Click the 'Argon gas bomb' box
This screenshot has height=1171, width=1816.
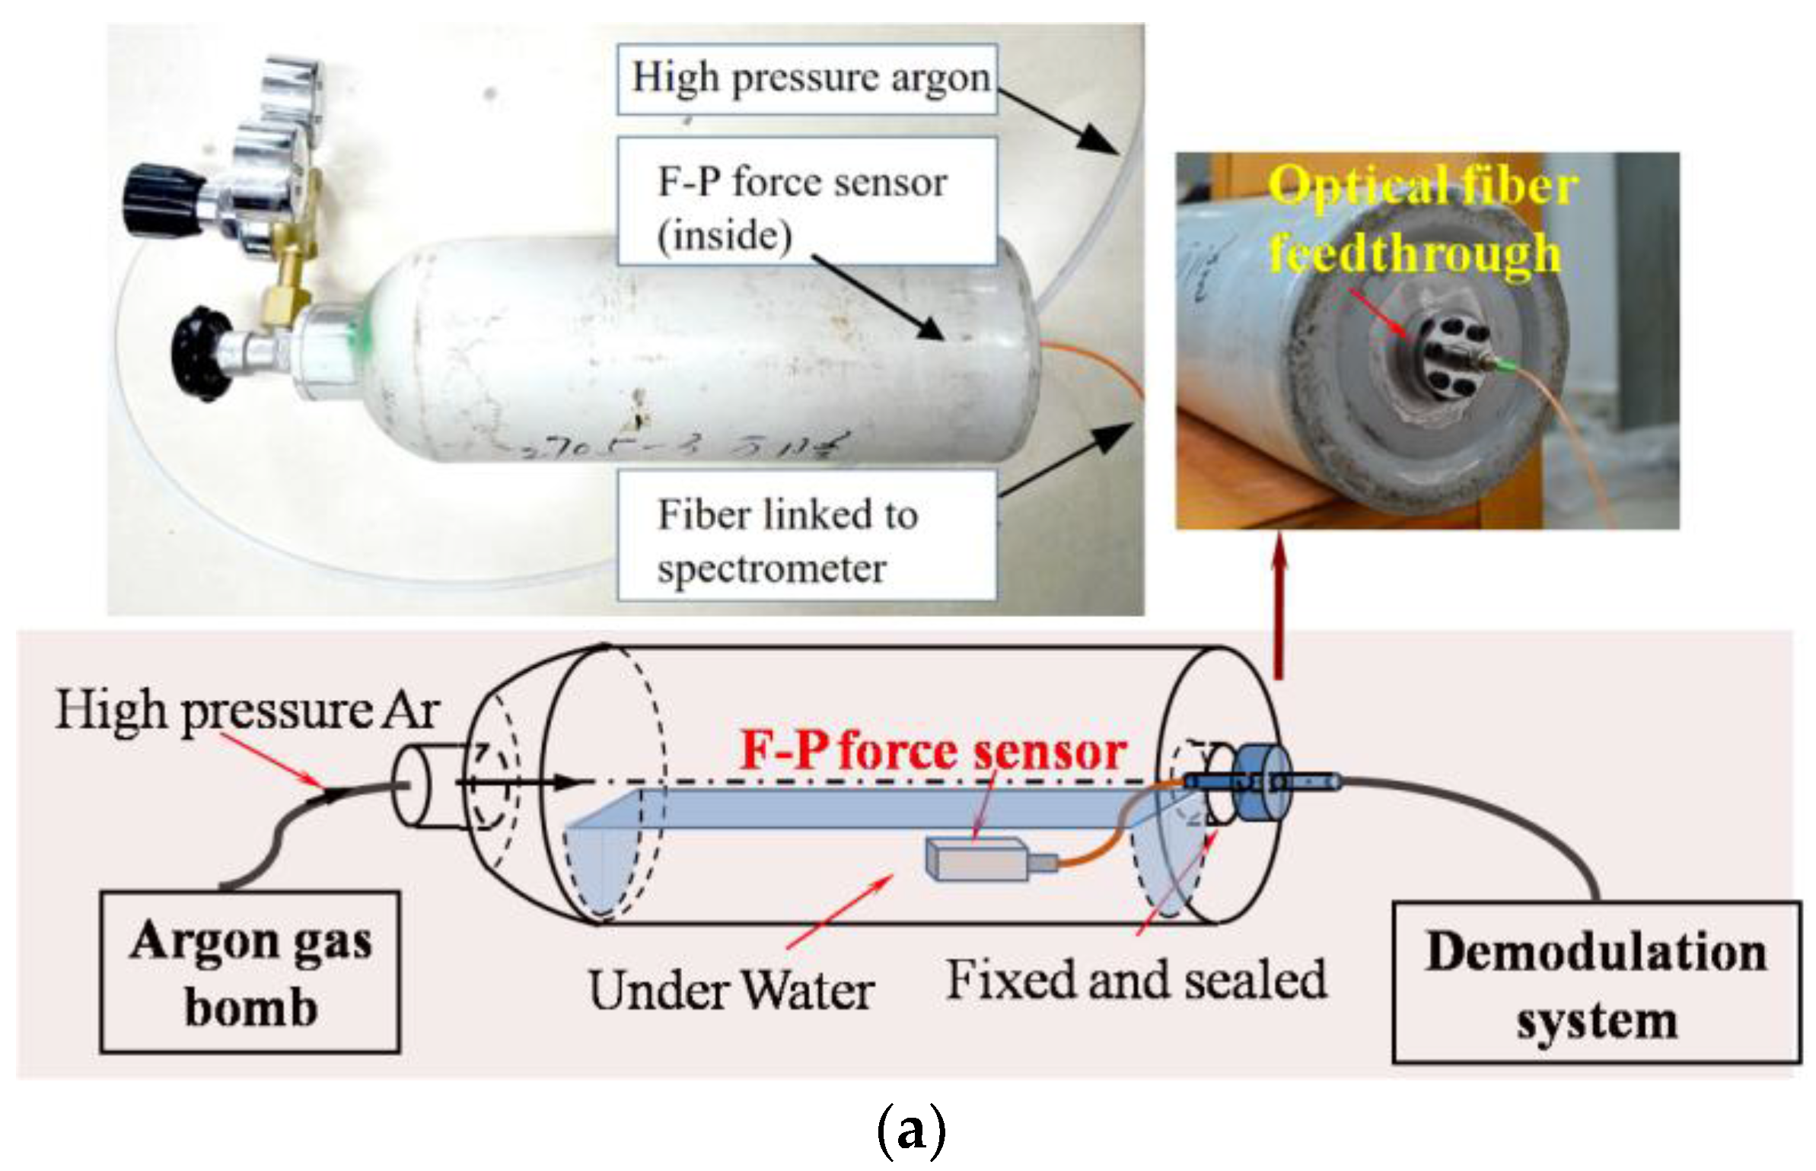click(x=250, y=973)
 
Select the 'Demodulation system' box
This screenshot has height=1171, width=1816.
click(x=1596, y=982)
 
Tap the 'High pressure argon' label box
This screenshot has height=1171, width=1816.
click(x=807, y=79)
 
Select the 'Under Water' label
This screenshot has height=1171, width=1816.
click(x=731, y=991)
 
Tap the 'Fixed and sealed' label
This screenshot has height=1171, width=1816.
click(x=1136, y=979)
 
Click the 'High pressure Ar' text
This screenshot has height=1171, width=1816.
click(x=247, y=711)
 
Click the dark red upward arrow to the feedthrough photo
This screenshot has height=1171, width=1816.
click(x=1279, y=609)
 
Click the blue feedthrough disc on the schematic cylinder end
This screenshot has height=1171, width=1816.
click(x=1260, y=783)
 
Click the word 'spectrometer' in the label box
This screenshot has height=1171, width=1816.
click(x=772, y=568)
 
